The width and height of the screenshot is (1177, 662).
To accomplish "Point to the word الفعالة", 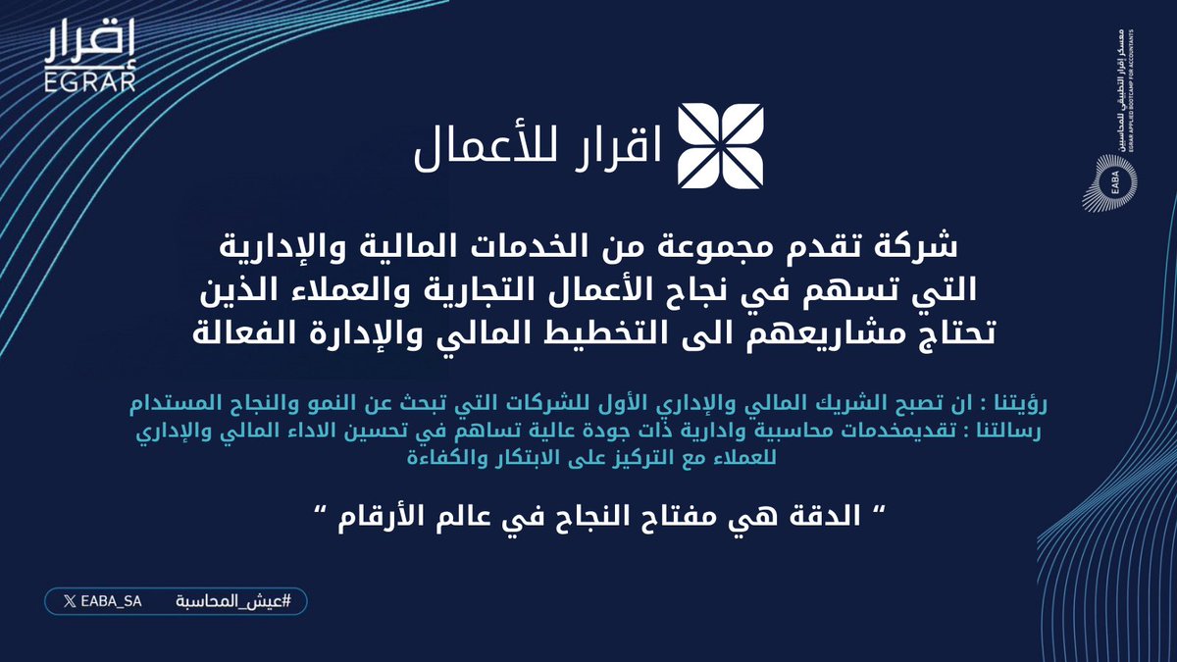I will click(x=246, y=332).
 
